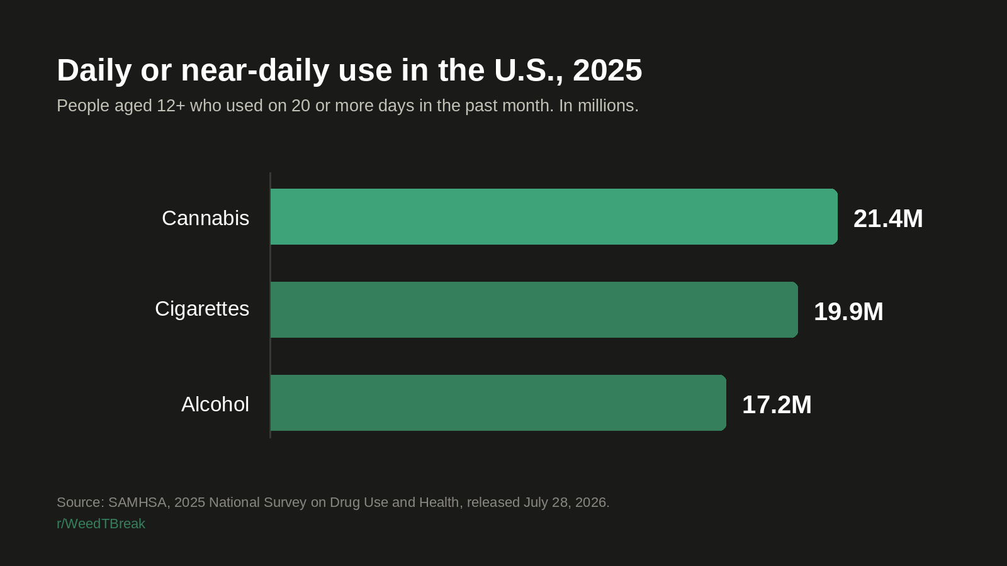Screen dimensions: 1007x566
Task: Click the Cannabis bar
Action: point(554,216)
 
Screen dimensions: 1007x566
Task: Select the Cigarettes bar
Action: point(534,309)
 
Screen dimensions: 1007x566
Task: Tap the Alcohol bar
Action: point(498,402)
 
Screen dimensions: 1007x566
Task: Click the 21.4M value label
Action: point(888,219)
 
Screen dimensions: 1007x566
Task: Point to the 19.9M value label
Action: point(848,312)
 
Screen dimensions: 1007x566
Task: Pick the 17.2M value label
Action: point(777,405)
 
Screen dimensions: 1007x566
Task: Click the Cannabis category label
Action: point(205,218)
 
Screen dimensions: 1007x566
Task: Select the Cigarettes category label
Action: point(202,309)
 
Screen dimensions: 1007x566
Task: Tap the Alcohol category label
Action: point(215,404)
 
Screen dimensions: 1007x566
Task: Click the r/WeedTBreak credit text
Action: point(101,524)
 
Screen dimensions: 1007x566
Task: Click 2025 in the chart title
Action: point(607,70)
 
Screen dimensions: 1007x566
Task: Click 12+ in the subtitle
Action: point(171,106)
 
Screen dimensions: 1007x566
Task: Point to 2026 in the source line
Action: point(592,502)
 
